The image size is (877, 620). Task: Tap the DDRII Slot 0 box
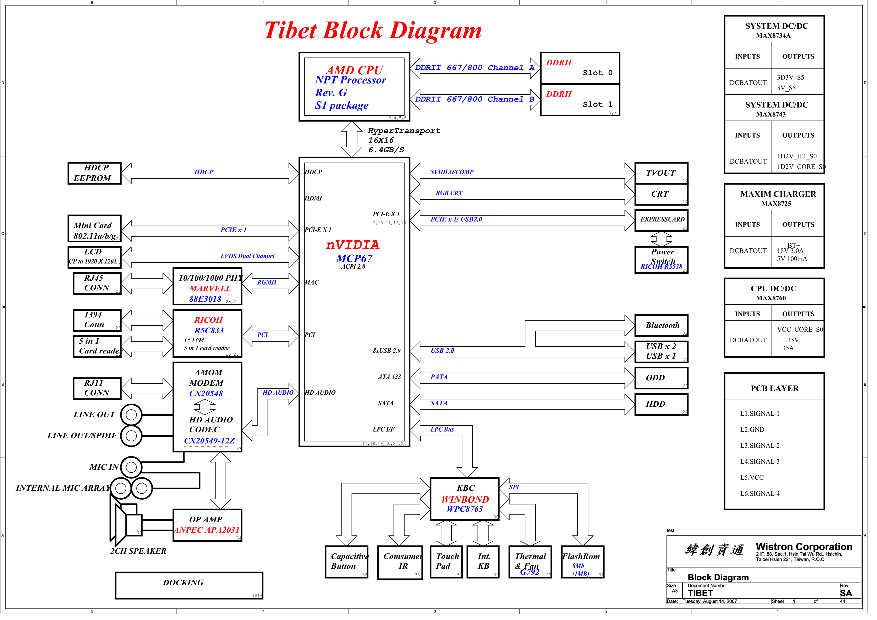tap(585, 68)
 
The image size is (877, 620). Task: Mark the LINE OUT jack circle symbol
tap(132, 418)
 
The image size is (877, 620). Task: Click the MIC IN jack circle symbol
tap(132, 471)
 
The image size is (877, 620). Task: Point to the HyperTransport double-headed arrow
tap(355, 140)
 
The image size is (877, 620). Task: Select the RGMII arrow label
tap(269, 285)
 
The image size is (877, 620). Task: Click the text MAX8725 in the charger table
tap(783, 206)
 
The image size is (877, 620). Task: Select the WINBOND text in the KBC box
tap(469, 504)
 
